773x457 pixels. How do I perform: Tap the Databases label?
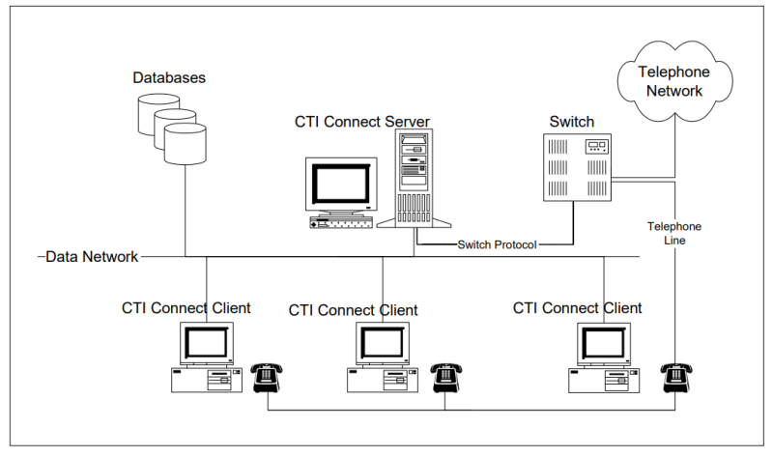pos(169,76)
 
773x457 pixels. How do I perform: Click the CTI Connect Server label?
pos(362,122)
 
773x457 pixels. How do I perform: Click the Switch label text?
pos(572,122)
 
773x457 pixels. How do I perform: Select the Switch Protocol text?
pos(498,244)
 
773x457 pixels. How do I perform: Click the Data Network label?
pos(92,257)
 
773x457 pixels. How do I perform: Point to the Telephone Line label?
pos(674,233)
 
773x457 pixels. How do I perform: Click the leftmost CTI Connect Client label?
pos(186,308)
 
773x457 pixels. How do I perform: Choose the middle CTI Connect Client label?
pos(354,310)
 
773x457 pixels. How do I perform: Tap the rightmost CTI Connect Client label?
pos(578,308)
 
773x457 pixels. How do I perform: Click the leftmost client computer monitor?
pos(206,343)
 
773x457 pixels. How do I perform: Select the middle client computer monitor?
pos(382,343)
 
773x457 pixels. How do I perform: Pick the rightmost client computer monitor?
pos(604,343)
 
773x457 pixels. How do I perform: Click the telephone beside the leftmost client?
pos(266,379)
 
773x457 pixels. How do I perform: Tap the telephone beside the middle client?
pos(444,379)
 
